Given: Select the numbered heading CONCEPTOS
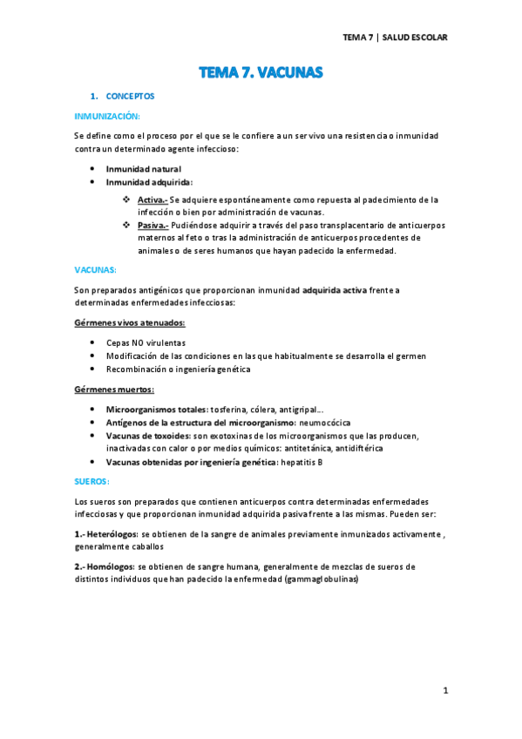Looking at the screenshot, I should (131, 96).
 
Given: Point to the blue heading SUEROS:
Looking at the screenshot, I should (92, 480).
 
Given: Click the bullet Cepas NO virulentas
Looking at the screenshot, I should (146, 343).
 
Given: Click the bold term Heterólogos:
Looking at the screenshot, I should (109, 533).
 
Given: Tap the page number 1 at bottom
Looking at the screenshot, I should (445, 691).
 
